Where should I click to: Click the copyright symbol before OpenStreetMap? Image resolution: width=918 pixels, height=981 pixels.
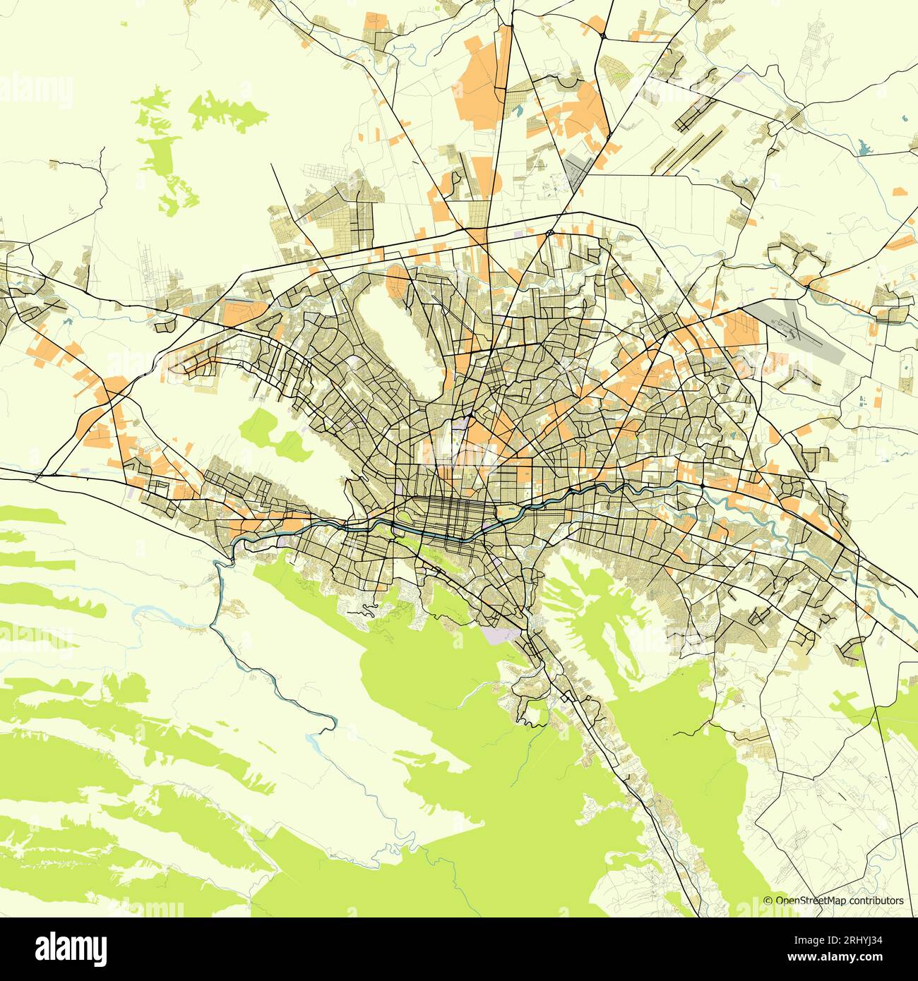pos(768,901)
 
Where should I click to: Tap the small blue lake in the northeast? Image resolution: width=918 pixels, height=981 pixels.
pos(864,149)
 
